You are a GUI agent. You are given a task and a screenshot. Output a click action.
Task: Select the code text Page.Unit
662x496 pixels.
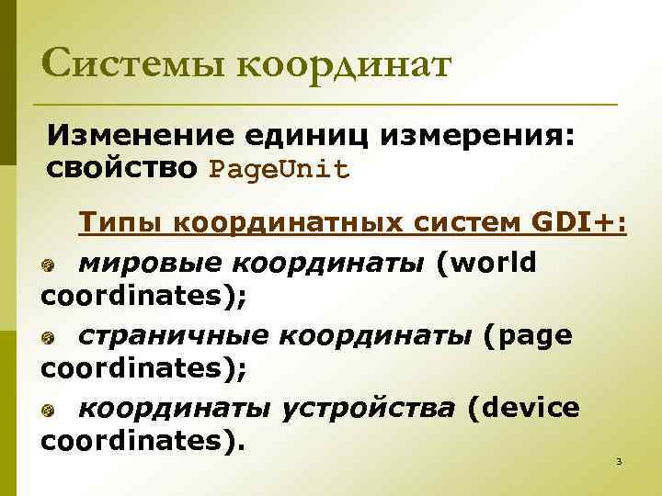click(x=280, y=170)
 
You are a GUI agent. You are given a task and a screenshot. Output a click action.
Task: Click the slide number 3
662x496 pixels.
click(x=619, y=460)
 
